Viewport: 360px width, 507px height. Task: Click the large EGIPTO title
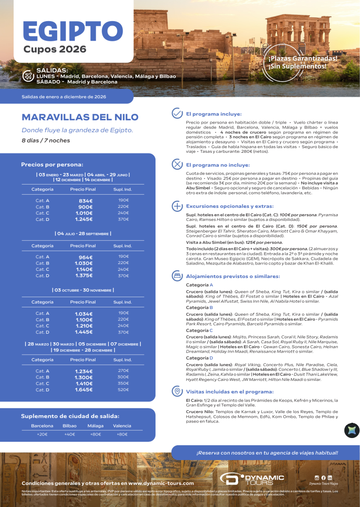[x=73, y=30]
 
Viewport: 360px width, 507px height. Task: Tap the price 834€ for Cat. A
[x=86, y=201]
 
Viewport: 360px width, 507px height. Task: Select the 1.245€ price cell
[x=84, y=219]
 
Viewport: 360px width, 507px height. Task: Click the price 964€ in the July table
[x=86, y=257]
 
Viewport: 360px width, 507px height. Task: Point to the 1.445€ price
[x=84, y=332]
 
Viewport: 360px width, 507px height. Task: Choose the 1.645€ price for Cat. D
[x=84, y=390]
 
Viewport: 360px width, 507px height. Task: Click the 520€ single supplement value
[x=123, y=389]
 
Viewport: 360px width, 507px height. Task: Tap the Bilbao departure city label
[x=69, y=426]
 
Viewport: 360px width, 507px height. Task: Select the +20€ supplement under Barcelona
[x=42, y=434]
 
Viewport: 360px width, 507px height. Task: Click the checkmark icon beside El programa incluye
[x=177, y=113]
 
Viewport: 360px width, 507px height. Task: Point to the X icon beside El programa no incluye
[x=177, y=164]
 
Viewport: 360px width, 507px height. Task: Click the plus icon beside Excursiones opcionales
[x=177, y=206]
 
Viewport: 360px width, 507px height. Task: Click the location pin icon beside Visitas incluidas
[x=177, y=391]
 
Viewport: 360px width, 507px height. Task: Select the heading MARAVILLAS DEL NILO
[x=80, y=117]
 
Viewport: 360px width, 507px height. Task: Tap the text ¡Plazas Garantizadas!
[x=303, y=58]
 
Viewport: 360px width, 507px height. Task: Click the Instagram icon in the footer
[x=317, y=477]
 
